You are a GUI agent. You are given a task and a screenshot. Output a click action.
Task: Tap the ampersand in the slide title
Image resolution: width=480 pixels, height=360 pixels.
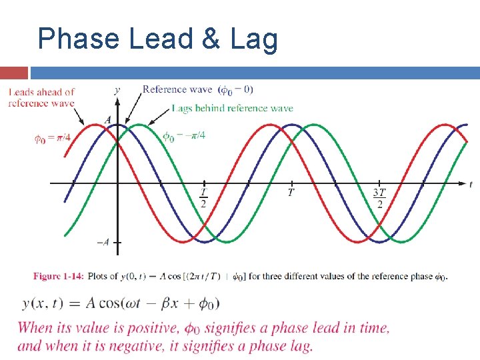211,39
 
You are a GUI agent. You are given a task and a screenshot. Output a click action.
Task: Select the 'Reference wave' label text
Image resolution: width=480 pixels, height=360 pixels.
177,89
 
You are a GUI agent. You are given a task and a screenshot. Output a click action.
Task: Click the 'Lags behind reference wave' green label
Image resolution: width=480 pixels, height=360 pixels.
232,108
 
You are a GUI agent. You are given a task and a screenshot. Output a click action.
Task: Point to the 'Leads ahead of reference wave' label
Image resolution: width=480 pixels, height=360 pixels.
41,97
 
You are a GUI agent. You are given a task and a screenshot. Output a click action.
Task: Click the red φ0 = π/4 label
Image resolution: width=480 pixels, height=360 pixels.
54,139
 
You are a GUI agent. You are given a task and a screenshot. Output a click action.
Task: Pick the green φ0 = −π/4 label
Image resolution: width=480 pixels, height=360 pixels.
184,135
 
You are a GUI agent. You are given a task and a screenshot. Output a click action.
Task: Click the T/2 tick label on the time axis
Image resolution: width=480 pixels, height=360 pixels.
203,198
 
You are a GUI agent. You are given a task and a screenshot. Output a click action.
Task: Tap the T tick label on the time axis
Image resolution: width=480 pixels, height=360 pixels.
291,193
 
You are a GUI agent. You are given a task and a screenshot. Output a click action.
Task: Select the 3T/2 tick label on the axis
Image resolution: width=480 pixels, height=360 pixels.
379,198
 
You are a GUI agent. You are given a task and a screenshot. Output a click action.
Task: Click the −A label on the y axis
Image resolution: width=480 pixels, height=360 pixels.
103,243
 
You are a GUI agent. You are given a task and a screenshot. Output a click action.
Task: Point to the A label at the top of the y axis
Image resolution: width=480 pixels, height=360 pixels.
108,120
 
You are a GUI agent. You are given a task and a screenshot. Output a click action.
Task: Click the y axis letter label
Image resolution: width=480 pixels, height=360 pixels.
117,89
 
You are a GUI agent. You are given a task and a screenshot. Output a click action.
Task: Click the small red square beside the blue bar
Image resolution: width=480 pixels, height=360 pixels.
14,72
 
